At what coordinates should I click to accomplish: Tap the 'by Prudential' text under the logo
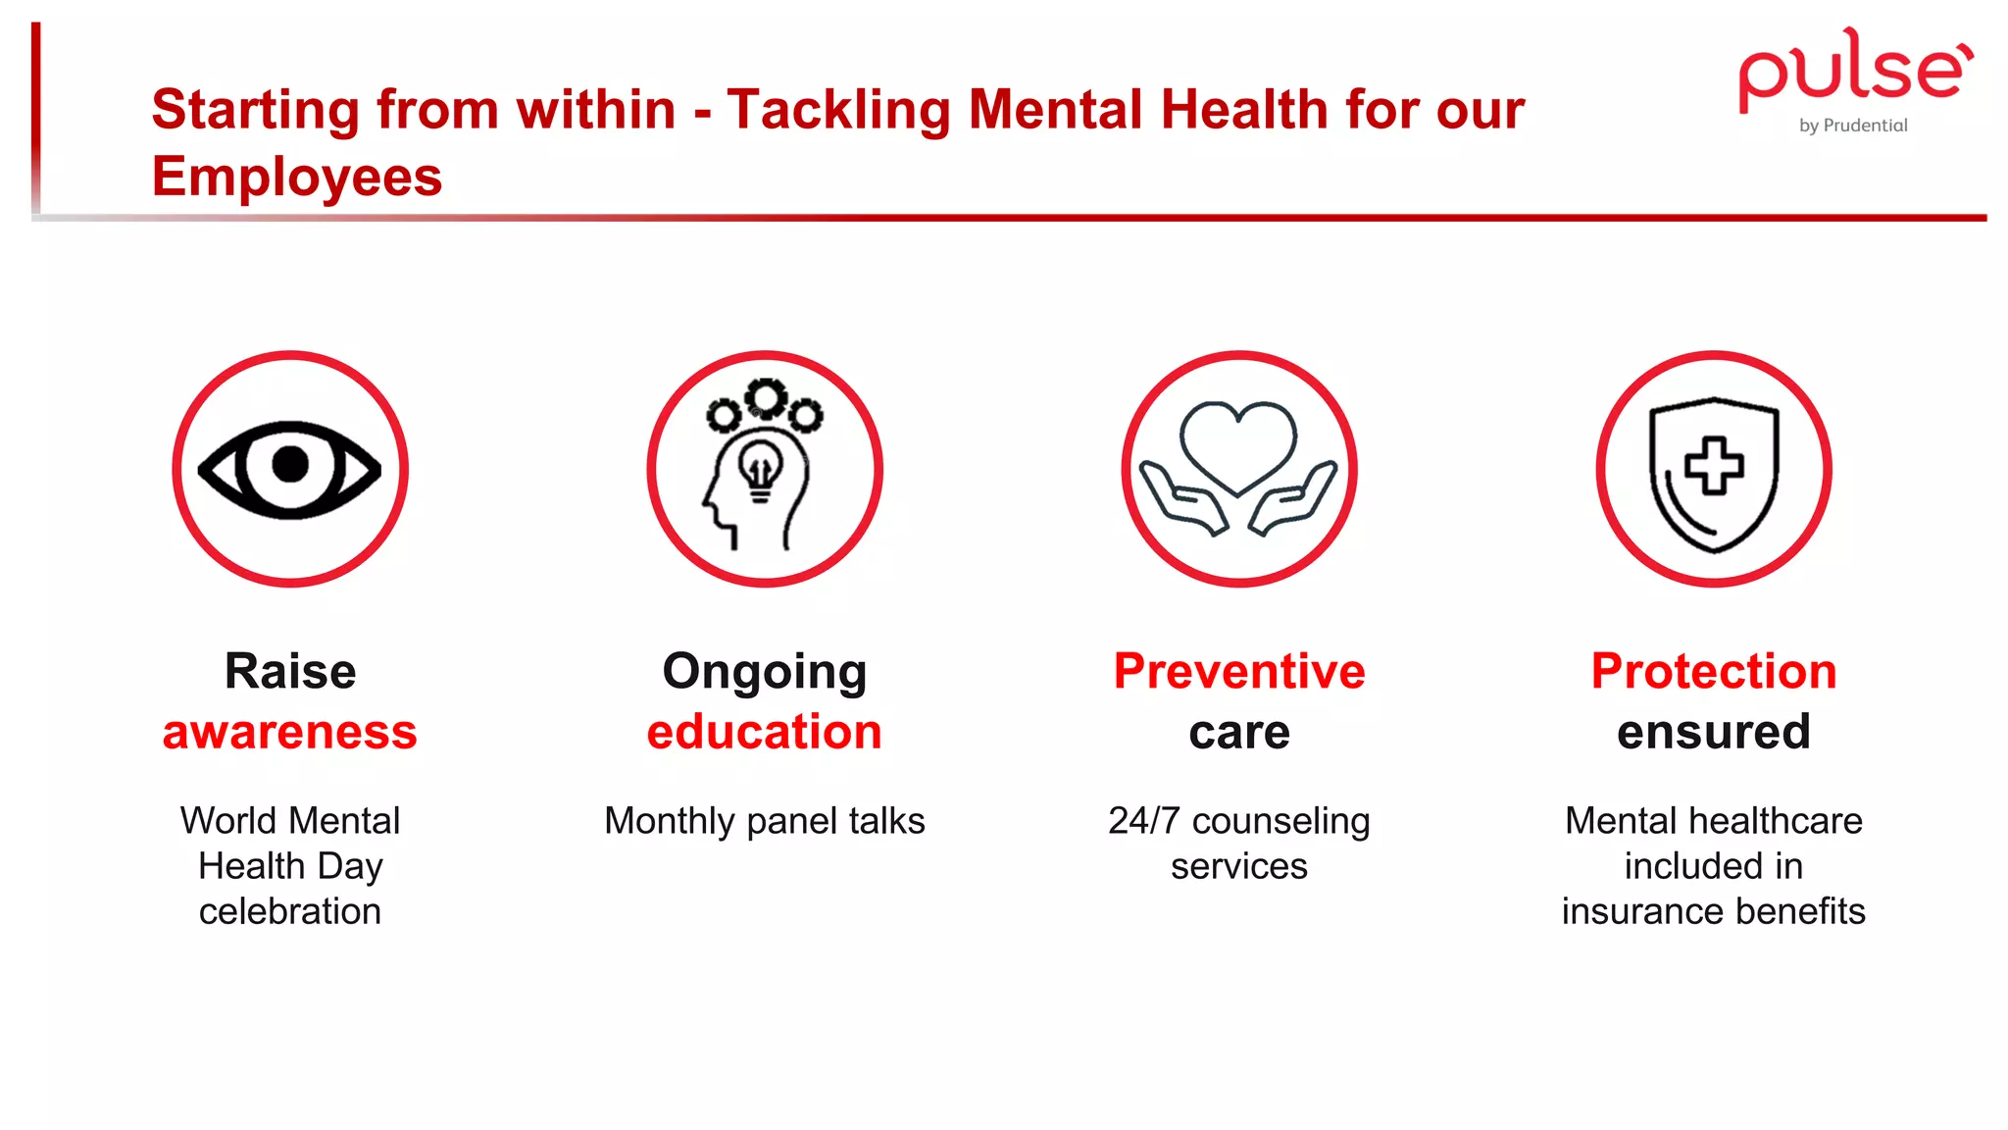click(1853, 126)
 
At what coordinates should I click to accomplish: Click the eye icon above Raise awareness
click(290, 469)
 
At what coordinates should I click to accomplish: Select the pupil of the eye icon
click(290, 464)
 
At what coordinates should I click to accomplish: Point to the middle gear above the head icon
click(766, 397)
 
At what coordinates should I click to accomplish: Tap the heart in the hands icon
click(1238, 444)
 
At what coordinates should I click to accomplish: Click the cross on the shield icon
click(1714, 465)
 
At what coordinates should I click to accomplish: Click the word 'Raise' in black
click(290, 672)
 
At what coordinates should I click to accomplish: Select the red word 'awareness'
click(290, 733)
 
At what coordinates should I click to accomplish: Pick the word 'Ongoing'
click(765, 673)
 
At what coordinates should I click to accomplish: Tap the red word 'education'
click(765, 733)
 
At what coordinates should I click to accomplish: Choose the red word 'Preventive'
click(1239, 672)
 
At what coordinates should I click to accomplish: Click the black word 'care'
click(1239, 733)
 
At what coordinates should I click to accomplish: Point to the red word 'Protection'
click(1714, 672)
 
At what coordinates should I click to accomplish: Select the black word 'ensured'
click(1714, 733)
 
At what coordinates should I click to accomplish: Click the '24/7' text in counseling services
click(1143, 821)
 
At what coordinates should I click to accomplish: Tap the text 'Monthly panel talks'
click(765, 821)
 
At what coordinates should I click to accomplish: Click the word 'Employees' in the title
click(297, 177)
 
